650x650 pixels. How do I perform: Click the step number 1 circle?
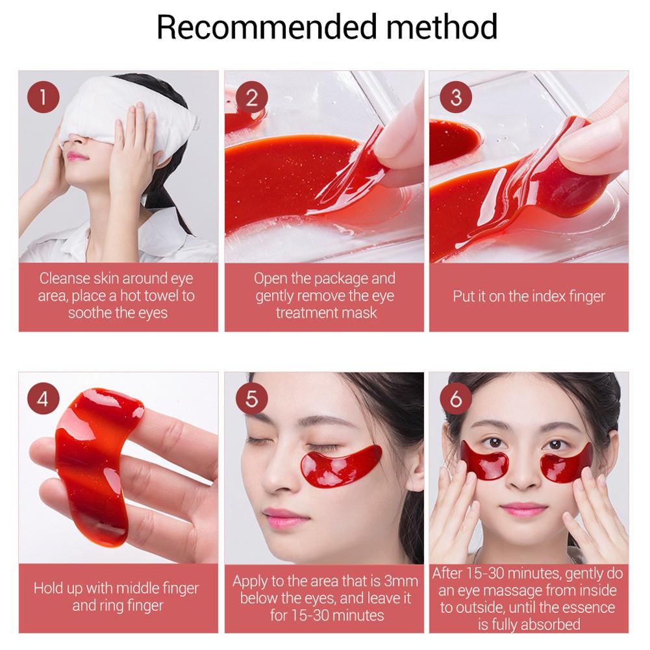[x=43, y=99]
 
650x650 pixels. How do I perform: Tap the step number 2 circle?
[x=251, y=99]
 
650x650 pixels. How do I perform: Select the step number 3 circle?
[x=456, y=99]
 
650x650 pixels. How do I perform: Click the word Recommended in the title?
[x=267, y=27]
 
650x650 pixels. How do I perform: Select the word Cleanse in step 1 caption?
[x=64, y=279]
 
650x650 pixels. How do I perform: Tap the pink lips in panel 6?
[x=523, y=509]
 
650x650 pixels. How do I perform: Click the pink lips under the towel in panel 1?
[x=77, y=156]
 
